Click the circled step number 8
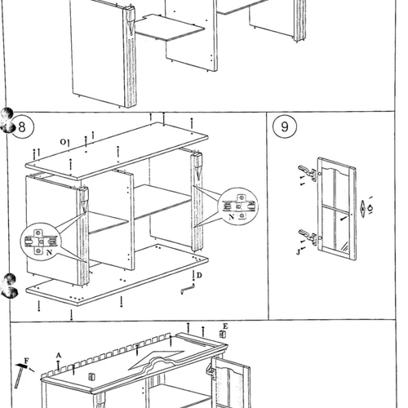pos(22,127)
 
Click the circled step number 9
pos(285,126)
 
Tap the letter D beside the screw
pos(199,275)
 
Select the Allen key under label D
pos(188,288)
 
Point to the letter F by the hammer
pos(26,361)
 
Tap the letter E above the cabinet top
pos(225,326)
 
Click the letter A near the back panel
pos(59,355)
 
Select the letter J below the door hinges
pos(298,252)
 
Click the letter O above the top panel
pos(63,142)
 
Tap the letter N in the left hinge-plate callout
pos(49,253)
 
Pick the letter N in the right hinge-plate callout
pos(232,217)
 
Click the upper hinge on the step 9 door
pos(308,172)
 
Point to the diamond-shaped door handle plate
pos(362,209)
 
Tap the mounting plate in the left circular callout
pos(38,242)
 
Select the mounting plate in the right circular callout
pos(239,206)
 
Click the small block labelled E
pos(223,334)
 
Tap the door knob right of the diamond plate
pos(370,208)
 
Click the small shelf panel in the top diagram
pos(170,28)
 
